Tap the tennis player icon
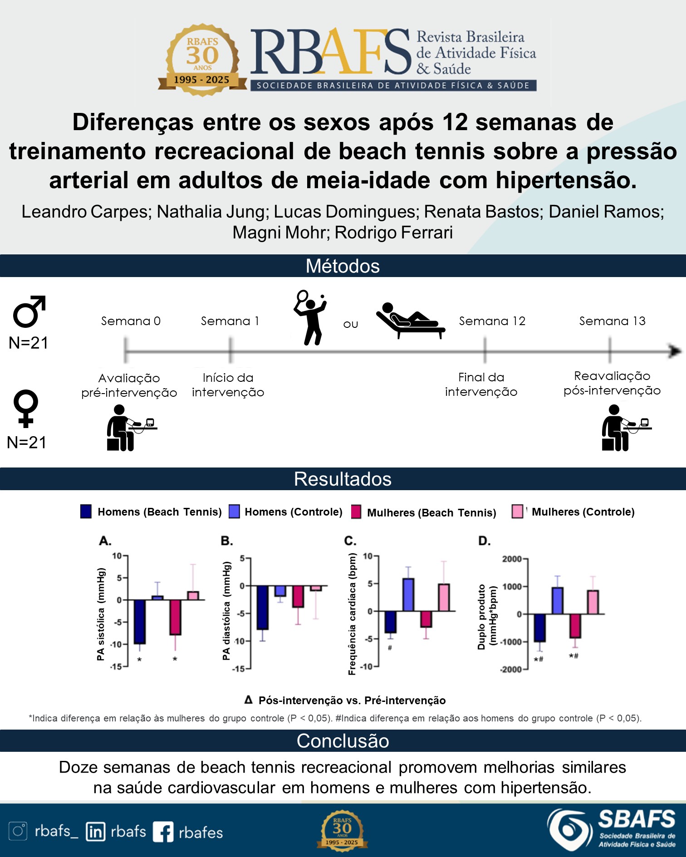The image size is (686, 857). (310, 317)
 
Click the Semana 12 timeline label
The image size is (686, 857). (492, 321)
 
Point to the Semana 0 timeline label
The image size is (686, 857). (131, 321)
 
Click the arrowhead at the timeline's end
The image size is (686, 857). (675, 351)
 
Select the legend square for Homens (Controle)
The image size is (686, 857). (234, 511)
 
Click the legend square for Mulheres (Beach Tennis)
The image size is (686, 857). (356, 512)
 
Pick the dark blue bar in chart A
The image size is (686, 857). (139, 621)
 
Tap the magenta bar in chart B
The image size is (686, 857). (298, 596)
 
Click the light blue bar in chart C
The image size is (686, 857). (408, 595)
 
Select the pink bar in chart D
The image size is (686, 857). (593, 602)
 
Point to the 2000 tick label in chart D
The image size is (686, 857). (512, 559)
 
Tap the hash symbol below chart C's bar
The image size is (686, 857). (390, 648)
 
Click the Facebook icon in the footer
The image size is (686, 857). (163, 832)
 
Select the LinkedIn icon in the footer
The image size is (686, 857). (95, 832)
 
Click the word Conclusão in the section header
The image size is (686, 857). (343, 741)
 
